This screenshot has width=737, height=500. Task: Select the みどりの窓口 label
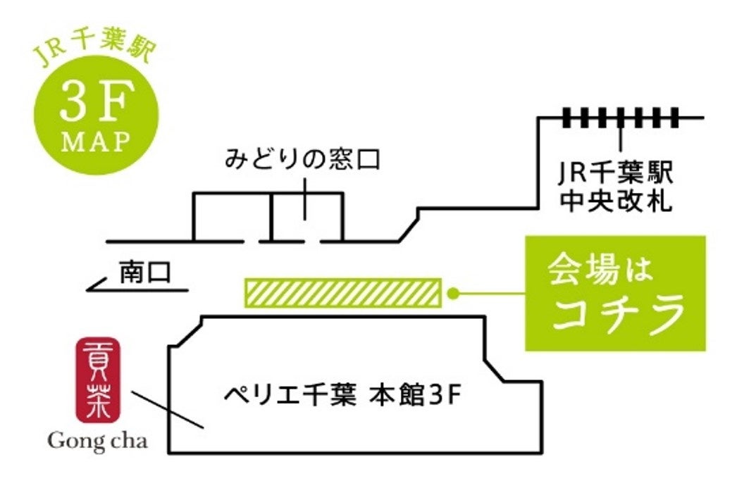point(303,160)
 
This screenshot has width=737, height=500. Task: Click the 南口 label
point(145,272)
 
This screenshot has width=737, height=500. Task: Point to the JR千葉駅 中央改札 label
point(615,187)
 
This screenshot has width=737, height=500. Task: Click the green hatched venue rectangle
point(342,293)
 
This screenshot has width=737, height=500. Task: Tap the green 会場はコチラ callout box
point(614,293)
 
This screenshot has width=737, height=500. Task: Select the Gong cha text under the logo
point(98,442)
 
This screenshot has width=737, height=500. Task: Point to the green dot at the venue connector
point(454,293)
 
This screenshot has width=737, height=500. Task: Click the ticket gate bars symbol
point(621,117)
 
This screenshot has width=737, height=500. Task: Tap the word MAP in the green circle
point(96,142)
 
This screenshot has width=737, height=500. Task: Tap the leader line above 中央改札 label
point(619,139)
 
